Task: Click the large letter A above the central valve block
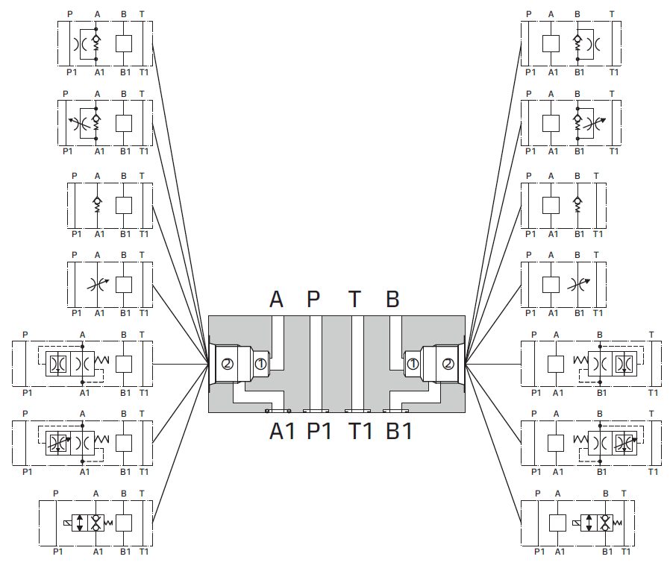pyautogui.click(x=277, y=299)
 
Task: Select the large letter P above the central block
pyautogui.click(x=314, y=299)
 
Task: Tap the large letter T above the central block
pyautogui.click(x=355, y=299)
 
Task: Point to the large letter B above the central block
pyautogui.click(x=392, y=299)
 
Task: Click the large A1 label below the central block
pyautogui.click(x=282, y=432)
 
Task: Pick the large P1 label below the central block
pyautogui.click(x=320, y=432)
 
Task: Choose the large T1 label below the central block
pyautogui.click(x=360, y=432)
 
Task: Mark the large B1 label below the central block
pyautogui.click(x=399, y=432)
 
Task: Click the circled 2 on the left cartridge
pyautogui.click(x=227, y=364)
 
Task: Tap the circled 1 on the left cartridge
pyautogui.click(x=259, y=364)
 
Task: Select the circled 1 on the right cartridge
pyautogui.click(x=413, y=364)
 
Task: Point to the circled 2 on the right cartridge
pyautogui.click(x=446, y=364)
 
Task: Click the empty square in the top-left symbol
pyautogui.click(x=125, y=44)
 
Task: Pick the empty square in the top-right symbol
pyautogui.click(x=551, y=44)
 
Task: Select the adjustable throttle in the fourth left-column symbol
pyautogui.click(x=97, y=283)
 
